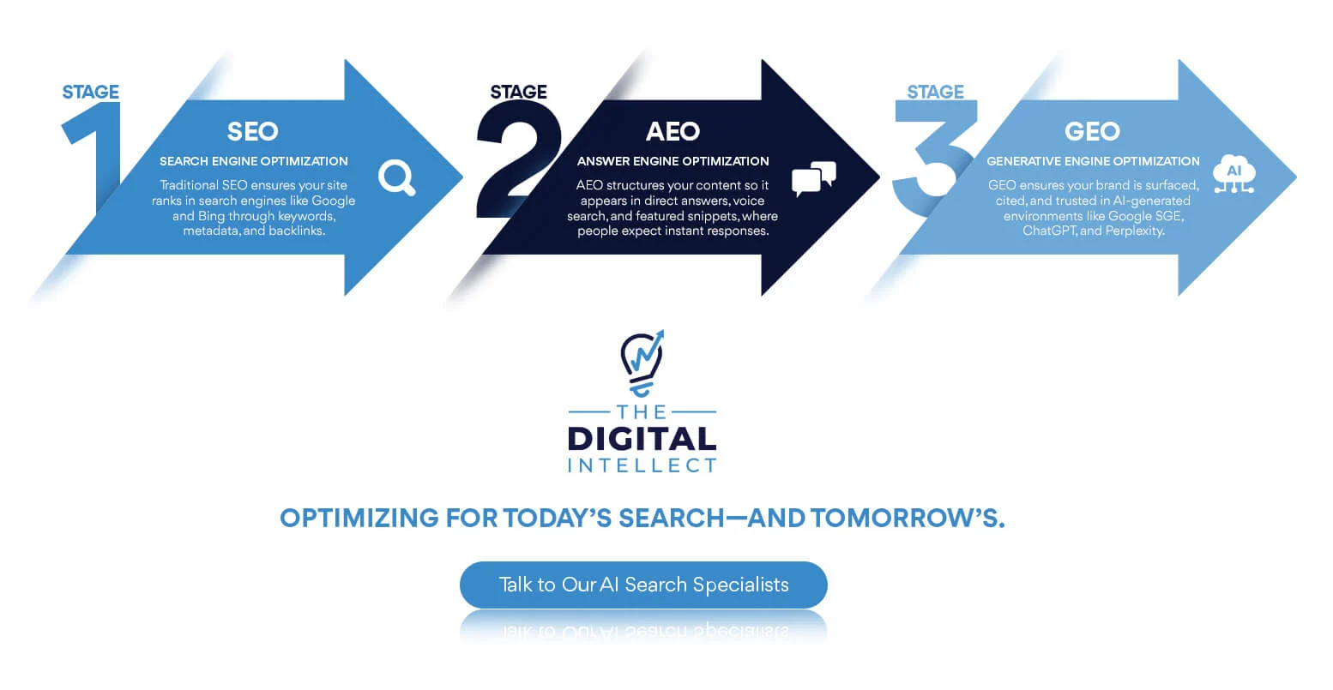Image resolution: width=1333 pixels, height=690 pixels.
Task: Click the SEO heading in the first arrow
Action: pyautogui.click(x=253, y=131)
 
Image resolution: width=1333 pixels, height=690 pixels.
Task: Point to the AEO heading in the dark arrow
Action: pyautogui.click(x=673, y=131)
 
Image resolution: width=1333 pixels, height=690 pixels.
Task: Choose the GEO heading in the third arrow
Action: pyautogui.click(x=1092, y=131)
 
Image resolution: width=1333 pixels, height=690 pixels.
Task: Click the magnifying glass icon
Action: pyautogui.click(x=397, y=177)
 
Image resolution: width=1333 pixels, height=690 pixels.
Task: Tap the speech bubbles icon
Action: pyautogui.click(x=814, y=178)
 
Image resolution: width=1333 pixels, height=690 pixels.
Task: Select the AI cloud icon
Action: pyautogui.click(x=1234, y=174)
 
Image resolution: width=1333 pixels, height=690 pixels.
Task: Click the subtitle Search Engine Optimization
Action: pyautogui.click(x=254, y=161)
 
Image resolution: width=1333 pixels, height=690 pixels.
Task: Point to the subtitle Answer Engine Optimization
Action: pyautogui.click(x=673, y=161)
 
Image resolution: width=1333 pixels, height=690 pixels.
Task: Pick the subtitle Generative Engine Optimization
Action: pyautogui.click(x=1093, y=161)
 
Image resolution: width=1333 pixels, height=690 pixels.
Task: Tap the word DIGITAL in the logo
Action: pyautogui.click(x=642, y=440)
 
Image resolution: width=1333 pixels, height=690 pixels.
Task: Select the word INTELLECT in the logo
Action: pyautogui.click(x=642, y=465)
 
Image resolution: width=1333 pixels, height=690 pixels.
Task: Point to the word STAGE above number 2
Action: pyautogui.click(x=518, y=92)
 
